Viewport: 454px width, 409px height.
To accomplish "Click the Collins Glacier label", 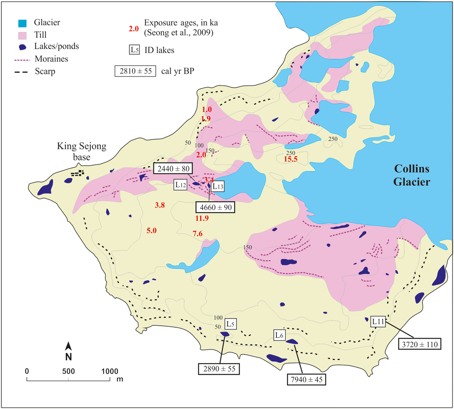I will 412,175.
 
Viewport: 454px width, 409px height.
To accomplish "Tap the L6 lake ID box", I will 280,335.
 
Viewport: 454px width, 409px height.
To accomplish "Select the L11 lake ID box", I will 378,322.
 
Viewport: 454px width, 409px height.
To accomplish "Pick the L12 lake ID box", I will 181,185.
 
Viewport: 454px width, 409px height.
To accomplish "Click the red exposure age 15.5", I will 290,159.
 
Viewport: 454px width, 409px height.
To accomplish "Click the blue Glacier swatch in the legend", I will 18,23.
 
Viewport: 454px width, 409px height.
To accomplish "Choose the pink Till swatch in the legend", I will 18,35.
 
